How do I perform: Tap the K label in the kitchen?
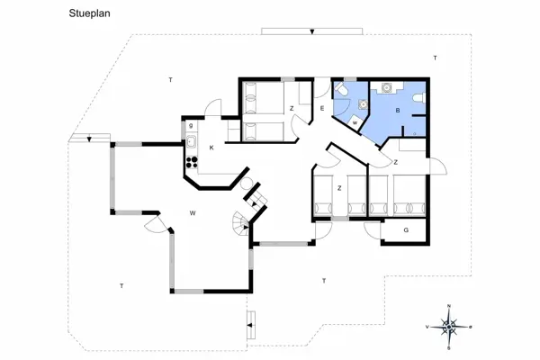[211, 147]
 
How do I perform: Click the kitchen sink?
[192, 141]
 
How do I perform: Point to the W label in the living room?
[193, 213]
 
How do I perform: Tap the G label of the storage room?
[406, 230]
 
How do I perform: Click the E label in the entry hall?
[321, 109]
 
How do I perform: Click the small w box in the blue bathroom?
[356, 121]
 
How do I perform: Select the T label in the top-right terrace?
[435, 58]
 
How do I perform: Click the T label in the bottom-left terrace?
[121, 285]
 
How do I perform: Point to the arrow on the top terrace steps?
[311, 31]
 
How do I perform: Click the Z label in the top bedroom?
[292, 109]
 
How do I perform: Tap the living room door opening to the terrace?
[153, 222]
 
